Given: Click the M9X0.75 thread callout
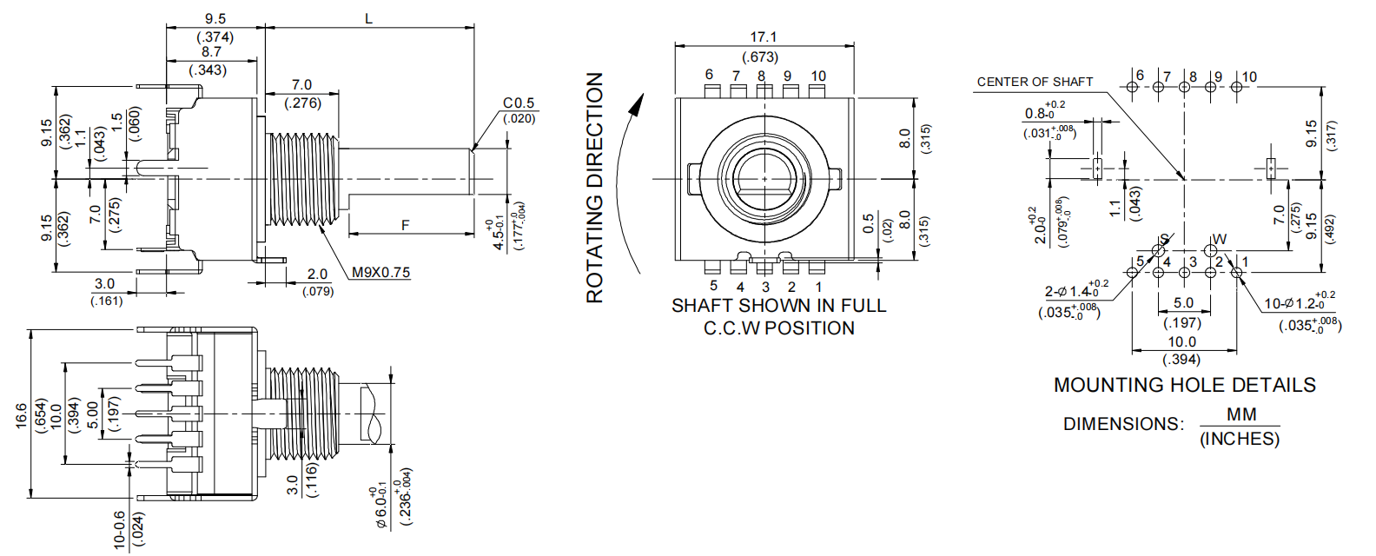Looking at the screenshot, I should pyautogui.click(x=380, y=272).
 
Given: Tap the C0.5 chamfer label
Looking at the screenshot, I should pyautogui.click(x=519, y=103).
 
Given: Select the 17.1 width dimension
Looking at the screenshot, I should pyautogui.click(x=764, y=36).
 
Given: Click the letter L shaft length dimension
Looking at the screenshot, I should pyautogui.click(x=369, y=18).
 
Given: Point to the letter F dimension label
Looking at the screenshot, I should pyautogui.click(x=405, y=225).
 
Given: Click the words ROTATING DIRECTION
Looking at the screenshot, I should pyautogui.click(x=594, y=187).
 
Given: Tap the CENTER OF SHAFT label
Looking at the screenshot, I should pyautogui.click(x=1035, y=82).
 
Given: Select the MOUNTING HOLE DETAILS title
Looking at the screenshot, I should pyautogui.click(x=1184, y=385).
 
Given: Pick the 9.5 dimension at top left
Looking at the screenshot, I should pyautogui.click(x=215, y=18).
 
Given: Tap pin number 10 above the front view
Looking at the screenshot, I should pyautogui.click(x=818, y=76).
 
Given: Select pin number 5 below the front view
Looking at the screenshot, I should pyautogui.click(x=713, y=286).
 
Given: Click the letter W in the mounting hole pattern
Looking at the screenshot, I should pyautogui.click(x=1220, y=239).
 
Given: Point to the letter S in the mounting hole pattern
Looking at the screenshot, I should pyautogui.click(x=1165, y=239).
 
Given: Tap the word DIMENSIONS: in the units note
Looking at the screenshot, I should pyautogui.click(x=1122, y=424).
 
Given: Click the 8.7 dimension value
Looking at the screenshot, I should pyautogui.click(x=211, y=51).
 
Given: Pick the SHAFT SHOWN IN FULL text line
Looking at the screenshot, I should pyautogui.click(x=778, y=306).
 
